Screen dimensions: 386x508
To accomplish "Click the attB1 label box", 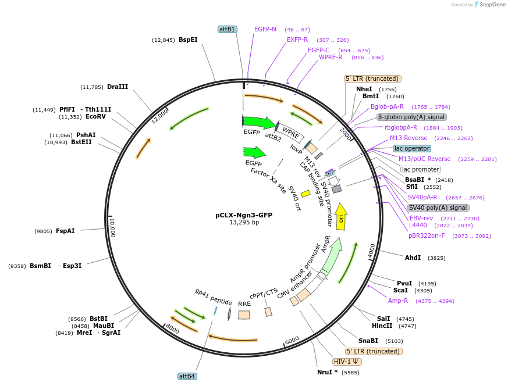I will pos(227,29).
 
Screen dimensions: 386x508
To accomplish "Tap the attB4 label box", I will pos(187,376).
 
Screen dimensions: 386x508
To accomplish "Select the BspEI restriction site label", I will pos(188,40).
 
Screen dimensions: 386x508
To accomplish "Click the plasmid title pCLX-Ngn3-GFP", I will pos(244,215).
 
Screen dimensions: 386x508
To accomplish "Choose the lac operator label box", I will pos(412,149).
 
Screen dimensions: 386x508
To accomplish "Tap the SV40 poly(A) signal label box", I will pos(438,208).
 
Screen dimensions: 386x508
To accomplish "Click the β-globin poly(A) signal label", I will pos(411,117).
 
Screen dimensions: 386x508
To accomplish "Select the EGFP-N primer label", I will pos(265,29).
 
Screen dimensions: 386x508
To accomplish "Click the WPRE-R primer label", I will pos(331,57).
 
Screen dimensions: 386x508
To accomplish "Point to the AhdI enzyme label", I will pos(413,258).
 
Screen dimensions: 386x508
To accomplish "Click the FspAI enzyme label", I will pos(65,231).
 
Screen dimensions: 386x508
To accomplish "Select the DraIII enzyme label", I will pos(118,87).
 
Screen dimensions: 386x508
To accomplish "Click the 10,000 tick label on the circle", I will pos(112,228).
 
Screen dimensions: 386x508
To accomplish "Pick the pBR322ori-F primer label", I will pos(426,236).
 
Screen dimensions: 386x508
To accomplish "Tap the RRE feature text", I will pos(244,303).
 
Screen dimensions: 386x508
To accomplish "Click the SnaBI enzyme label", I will pos(368,341).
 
